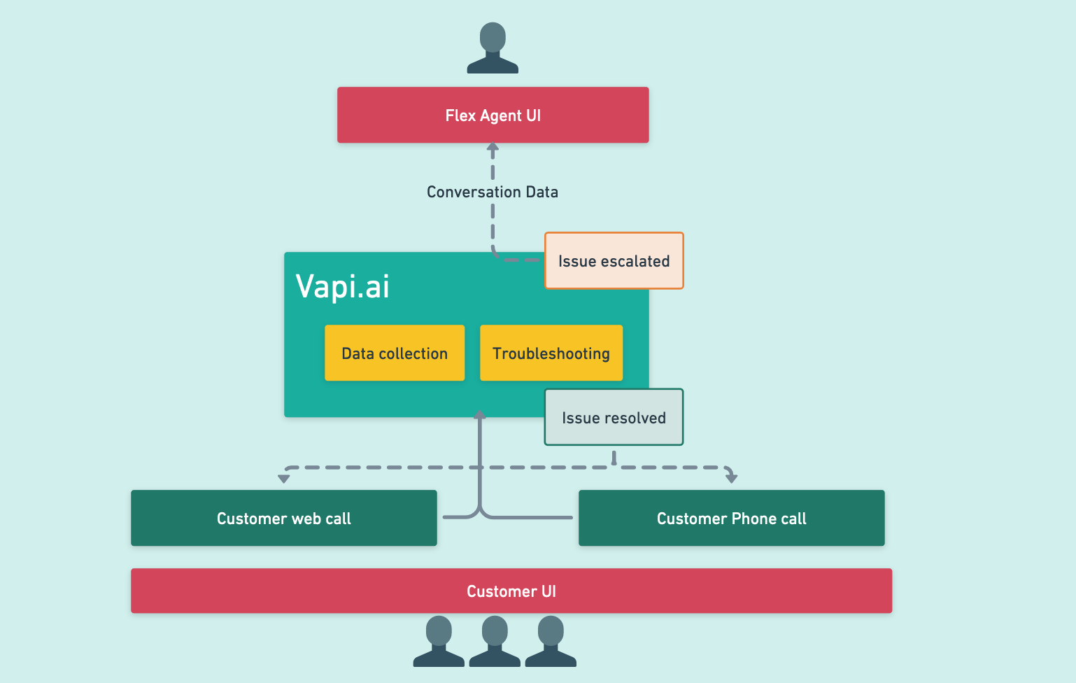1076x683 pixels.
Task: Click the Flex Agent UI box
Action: tap(493, 115)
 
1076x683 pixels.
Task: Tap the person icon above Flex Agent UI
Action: tap(493, 48)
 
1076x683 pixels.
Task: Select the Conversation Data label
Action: tap(493, 192)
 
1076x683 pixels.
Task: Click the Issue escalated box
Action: tap(614, 261)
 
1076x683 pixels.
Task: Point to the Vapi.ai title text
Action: tap(342, 286)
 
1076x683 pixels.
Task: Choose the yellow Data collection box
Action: tap(395, 353)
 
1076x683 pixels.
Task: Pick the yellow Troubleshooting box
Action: tap(551, 353)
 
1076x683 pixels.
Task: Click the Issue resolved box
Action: tap(614, 418)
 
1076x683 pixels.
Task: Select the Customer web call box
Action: tap(283, 519)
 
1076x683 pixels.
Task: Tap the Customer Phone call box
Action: tap(731, 519)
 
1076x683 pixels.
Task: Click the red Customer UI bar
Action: tap(511, 591)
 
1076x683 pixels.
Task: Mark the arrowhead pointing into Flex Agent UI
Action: tap(493, 148)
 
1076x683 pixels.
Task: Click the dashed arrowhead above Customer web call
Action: tap(283, 479)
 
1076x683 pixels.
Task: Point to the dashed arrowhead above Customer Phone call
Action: tap(732, 478)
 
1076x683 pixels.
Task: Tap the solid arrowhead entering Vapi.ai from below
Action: tap(480, 414)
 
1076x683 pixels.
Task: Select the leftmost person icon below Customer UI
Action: tap(439, 641)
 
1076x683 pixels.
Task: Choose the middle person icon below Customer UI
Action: tap(495, 641)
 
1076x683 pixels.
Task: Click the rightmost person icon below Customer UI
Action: tap(551, 641)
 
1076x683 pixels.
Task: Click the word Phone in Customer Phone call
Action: tap(753, 519)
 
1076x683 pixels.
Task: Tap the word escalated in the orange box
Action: tap(635, 261)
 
